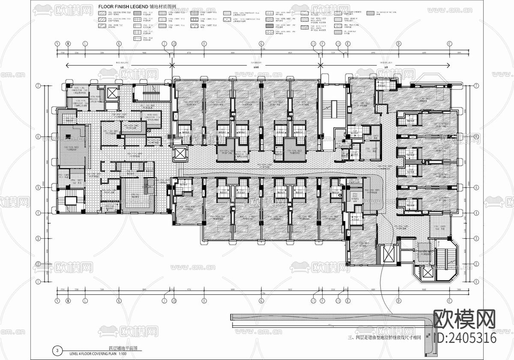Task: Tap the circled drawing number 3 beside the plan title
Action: pyautogui.click(x=57, y=350)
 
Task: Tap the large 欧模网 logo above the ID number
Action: pyautogui.click(x=465, y=319)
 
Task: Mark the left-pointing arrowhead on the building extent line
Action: pyautogui.click(x=67, y=65)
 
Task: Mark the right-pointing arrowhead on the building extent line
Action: pyautogui.click(x=448, y=65)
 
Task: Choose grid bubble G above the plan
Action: pyautogui.click(x=261, y=44)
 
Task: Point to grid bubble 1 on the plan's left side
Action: pyautogui.click(x=38, y=282)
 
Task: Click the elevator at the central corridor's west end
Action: pyautogui.click(x=179, y=153)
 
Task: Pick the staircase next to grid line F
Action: pyautogui.click(x=328, y=107)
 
